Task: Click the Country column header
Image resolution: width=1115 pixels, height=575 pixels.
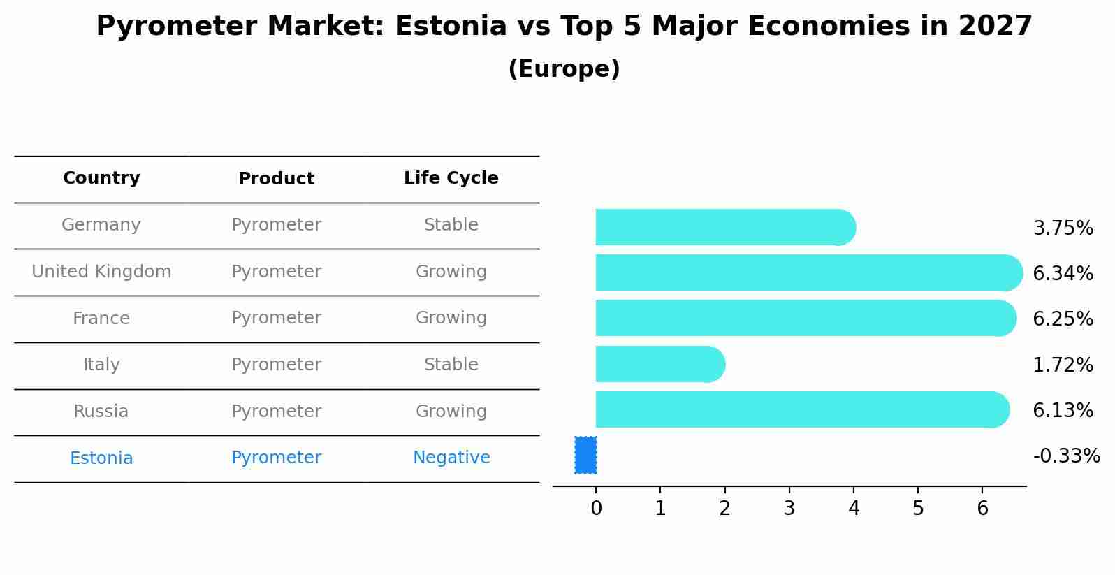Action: [x=101, y=178]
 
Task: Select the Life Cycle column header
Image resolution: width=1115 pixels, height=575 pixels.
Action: [x=451, y=178]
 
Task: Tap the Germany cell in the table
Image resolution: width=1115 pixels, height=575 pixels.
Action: [x=101, y=225]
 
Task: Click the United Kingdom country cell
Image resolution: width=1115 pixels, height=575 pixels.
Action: [x=101, y=272]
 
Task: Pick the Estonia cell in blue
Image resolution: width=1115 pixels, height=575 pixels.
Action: [x=101, y=458]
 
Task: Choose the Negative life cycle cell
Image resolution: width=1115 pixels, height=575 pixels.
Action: [x=451, y=458]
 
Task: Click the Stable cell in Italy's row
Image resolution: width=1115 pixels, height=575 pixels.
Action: [x=451, y=365]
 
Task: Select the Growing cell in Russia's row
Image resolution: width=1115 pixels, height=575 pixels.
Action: [x=451, y=412]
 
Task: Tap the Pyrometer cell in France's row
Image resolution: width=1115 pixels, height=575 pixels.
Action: [x=276, y=318]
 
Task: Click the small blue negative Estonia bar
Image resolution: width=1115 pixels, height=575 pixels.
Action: [x=585, y=455]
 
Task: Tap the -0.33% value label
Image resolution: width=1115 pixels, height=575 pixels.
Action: [x=1066, y=456]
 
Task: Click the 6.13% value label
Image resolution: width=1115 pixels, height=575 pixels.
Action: [x=1063, y=410]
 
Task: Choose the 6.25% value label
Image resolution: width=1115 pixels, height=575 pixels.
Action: [x=1063, y=319]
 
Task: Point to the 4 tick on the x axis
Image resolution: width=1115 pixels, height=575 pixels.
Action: [x=854, y=509]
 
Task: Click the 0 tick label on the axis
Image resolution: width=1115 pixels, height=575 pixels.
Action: [x=596, y=509]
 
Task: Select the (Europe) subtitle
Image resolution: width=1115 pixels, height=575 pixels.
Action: [x=564, y=69]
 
